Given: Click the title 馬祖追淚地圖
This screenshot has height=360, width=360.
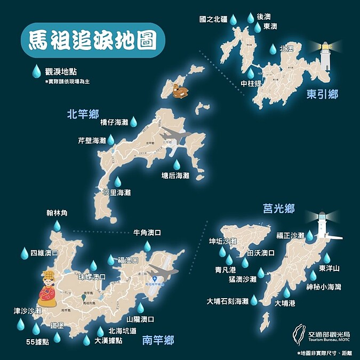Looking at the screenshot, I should pyautogui.click(x=93, y=39).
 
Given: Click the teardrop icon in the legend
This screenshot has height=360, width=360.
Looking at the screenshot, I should pyautogui.click(x=36, y=71).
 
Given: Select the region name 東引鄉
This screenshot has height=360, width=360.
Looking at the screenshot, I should pyautogui.click(x=322, y=94).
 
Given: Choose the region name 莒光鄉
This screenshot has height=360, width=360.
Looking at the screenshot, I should pyautogui.click(x=278, y=209).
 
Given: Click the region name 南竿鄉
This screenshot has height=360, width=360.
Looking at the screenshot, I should pyautogui.click(x=158, y=340).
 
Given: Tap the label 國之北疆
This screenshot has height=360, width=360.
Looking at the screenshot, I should pyautogui.click(x=210, y=19).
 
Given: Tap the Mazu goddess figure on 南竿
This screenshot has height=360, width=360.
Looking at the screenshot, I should pyautogui.click(x=48, y=290).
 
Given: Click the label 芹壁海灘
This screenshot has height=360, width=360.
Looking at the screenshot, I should pyautogui.click(x=92, y=141).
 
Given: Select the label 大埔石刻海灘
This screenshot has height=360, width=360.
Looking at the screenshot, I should pyautogui.click(x=228, y=301).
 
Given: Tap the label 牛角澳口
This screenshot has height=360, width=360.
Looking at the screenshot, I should pyautogui.click(x=147, y=233).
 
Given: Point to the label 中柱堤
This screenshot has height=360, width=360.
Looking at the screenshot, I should pyautogui.click(x=251, y=83).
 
